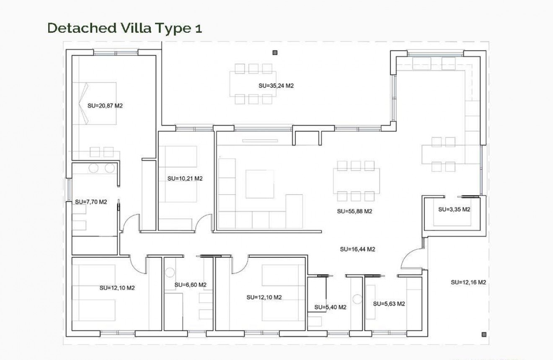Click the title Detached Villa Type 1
(125, 28)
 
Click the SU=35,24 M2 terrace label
(276, 85)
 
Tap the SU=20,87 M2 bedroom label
(105, 106)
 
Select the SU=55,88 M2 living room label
(354, 211)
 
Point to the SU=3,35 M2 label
(454, 209)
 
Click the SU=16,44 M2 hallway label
(357, 249)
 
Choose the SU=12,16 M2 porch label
(468, 282)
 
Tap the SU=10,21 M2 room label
(185, 178)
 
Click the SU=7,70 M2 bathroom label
(91, 202)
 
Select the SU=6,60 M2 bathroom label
(191, 285)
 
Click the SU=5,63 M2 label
(389, 303)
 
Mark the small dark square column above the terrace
(275, 53)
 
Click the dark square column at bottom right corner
(484, 334)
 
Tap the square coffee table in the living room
(260, 184)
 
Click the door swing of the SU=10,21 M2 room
(204, 223)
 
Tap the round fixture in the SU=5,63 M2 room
(357, 299)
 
